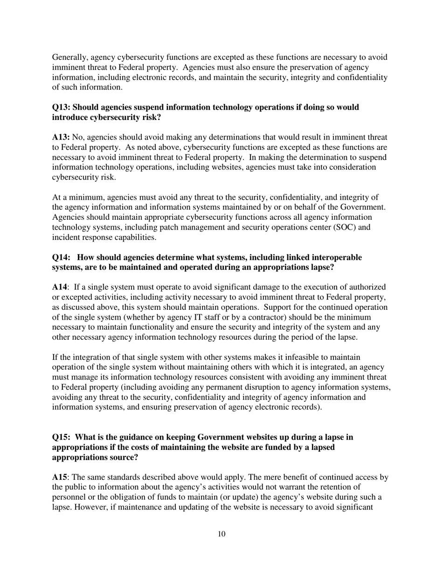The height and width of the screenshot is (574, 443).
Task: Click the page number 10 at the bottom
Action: click(x=221, y=534)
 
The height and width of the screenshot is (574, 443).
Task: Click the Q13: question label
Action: click(x=61, y=107)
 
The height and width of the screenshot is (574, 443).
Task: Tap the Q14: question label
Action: click(x=61, y=258)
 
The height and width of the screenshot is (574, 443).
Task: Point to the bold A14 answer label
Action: click(x=59, y=287)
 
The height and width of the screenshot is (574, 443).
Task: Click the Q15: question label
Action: click(x=61, y=437)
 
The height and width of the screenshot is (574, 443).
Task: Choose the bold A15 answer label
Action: click(x=59, y=477)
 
